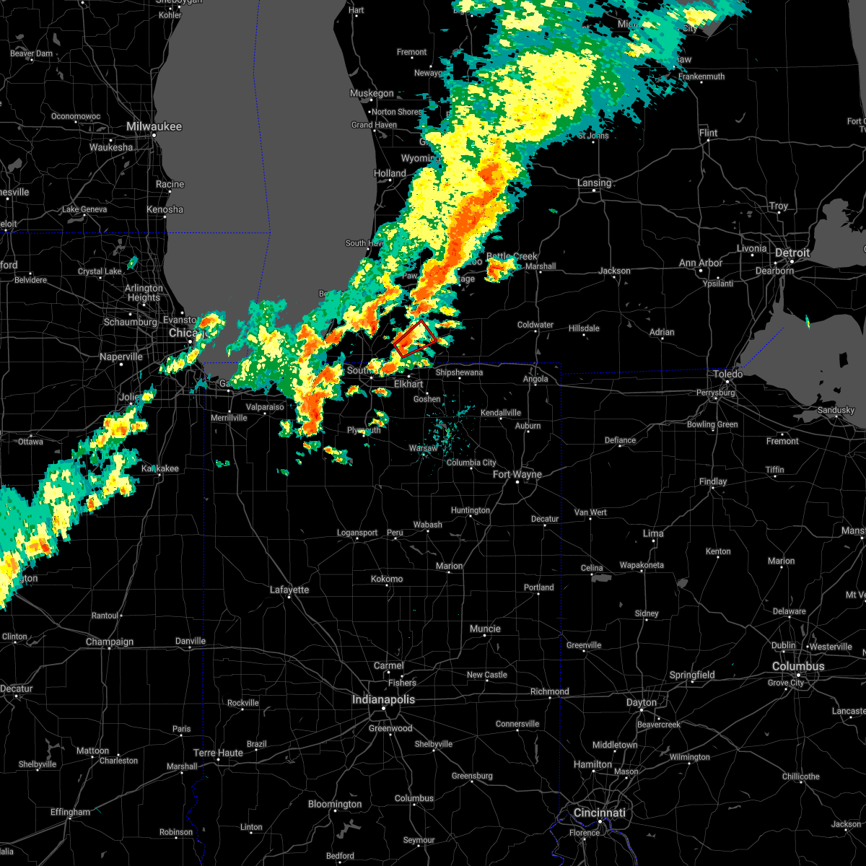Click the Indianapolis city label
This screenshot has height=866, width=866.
pos(383,699)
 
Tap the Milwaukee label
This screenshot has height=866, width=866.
pos(154,126)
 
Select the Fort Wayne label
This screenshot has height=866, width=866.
pos(517,474)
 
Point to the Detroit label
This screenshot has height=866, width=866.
pos(792,253)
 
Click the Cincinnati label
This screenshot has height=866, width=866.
pos(600,813)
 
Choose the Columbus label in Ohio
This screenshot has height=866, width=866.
pos(797,666)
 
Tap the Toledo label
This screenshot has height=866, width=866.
pos(727,374)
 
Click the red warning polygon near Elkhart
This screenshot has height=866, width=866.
pos(414,338)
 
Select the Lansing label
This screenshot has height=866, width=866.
pos(595,183)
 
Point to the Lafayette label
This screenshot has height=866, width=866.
pos(289,590)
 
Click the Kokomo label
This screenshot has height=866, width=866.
pos(387,579)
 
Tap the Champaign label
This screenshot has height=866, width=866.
pos(110,642)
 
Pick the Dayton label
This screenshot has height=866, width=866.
pos(641,702)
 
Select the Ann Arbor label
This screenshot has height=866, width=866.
pos(700,263)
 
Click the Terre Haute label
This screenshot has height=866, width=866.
pos(218,753)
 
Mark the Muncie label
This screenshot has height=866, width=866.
pos(485,629)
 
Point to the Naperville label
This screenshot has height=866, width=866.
pos(121,357)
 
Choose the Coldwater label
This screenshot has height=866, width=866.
pos(535,325)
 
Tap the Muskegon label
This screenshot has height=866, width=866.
pos(372,93)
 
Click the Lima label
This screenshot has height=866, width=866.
pos(653,533)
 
